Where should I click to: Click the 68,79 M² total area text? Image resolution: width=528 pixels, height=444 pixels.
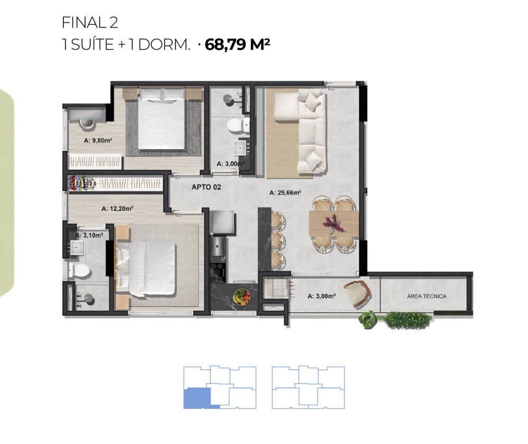coord(238,44)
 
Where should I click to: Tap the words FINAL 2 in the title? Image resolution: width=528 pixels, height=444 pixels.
coord(90,23)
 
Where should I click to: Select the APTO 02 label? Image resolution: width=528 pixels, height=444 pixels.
coord(206,187)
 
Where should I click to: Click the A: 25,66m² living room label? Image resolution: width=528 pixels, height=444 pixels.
coord(285,193)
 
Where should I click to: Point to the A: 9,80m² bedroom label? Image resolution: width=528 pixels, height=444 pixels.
coord(98,140)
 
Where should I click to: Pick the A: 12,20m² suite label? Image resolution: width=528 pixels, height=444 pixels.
coord(117,209)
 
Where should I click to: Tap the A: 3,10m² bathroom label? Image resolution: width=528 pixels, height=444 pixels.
coord(89,235)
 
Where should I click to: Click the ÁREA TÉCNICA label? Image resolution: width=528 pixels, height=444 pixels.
coord(427,296)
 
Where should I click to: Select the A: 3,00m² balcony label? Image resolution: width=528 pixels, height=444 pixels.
coord(321,296)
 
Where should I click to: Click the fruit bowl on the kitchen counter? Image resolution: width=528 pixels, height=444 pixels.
coord(242,297)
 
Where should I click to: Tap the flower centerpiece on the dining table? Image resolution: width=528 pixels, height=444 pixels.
coord(332,223)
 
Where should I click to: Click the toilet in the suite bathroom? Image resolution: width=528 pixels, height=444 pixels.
coord(79,270)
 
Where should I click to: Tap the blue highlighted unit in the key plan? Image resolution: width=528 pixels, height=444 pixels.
coord(197,398)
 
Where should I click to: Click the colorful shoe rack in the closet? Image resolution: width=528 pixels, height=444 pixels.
coord(82,183)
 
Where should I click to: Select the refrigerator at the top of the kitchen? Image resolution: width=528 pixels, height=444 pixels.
coord(222,222)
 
